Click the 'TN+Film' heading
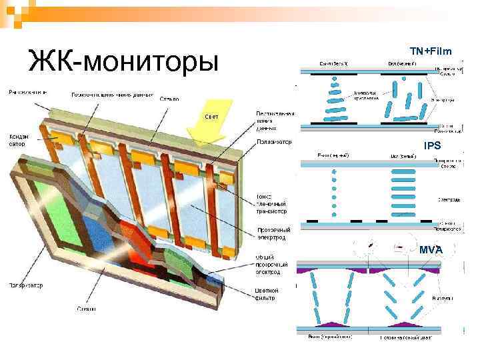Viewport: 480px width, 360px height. point(430,51)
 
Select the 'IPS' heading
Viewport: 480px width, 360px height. point(433,145)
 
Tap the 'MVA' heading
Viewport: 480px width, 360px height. point(431,249)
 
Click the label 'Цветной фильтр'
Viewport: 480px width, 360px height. point(267,294)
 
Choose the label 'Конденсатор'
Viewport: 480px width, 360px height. point(18,140)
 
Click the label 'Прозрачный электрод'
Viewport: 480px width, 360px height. point(273,234)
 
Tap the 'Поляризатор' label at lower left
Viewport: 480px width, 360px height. point(25,285)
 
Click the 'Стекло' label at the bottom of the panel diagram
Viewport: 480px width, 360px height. point(86,309)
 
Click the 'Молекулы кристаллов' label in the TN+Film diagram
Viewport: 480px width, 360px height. point(365,95)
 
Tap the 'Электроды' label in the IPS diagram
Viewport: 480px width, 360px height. point(447,199)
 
